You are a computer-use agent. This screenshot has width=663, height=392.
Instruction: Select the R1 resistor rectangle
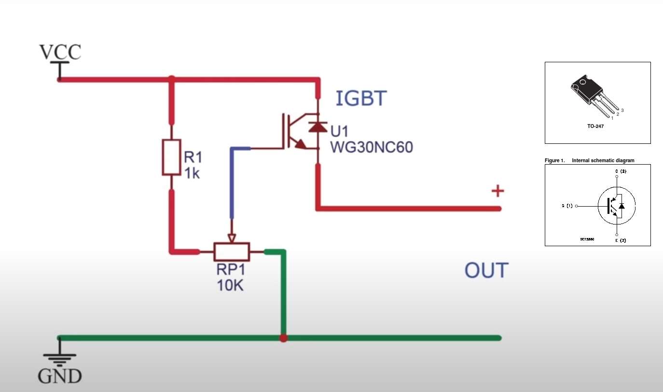171,157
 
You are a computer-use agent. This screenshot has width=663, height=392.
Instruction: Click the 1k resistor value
192,172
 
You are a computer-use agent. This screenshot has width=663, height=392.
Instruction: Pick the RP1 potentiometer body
232,252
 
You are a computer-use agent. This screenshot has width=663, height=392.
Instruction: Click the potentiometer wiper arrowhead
232,238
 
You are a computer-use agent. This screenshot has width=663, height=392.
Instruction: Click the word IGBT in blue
361,98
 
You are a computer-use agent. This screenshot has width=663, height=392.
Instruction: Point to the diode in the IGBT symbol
318,127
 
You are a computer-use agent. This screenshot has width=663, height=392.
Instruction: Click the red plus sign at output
497,191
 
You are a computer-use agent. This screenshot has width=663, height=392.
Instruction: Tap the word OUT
486,271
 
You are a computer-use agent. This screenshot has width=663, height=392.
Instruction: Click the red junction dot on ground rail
283,338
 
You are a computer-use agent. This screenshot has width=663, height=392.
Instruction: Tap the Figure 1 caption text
590,160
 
